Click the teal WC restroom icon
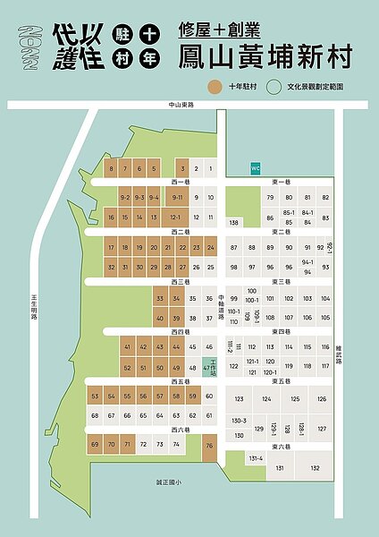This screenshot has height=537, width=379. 255,168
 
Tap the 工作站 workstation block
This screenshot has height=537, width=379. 211,367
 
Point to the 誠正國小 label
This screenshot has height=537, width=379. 168,482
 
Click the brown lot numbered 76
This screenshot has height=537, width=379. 210,445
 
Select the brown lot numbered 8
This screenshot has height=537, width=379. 112,168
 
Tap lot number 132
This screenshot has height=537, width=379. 314,467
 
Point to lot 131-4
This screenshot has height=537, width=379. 257,457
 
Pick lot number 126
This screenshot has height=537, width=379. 322,398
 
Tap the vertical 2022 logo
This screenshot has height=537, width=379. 32,47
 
